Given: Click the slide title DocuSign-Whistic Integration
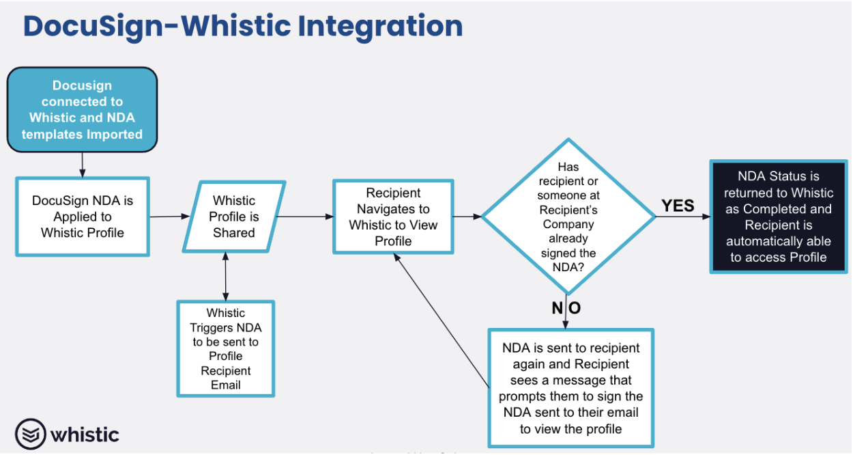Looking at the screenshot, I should (243, 26).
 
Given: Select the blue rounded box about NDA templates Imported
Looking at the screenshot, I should (82, 110).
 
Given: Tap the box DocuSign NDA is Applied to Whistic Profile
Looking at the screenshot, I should (82, 217).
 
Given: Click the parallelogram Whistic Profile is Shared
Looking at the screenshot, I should (234, 217).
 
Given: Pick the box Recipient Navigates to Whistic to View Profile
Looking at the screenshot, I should (393, 217).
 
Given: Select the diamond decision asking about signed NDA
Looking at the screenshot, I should (568, 217).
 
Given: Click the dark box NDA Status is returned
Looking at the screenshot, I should (779, 217).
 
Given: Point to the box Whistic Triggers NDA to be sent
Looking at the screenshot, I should (225, 348).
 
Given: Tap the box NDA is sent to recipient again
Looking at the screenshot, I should (570, 388).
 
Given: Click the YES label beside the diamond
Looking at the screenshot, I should (678, 206).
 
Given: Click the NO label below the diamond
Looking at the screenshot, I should (566, 308).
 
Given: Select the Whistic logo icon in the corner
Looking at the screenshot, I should (30, 435).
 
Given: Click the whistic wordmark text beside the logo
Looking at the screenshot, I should (85, 435).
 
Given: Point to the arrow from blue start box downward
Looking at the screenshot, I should (82, 164).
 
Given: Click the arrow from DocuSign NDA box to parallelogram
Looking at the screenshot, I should (170, 217).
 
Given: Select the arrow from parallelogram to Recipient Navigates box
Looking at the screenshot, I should (305, 217).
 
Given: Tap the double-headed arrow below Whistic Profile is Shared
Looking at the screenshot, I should (225, 277).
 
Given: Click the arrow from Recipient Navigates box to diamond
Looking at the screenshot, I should (468, 217).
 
